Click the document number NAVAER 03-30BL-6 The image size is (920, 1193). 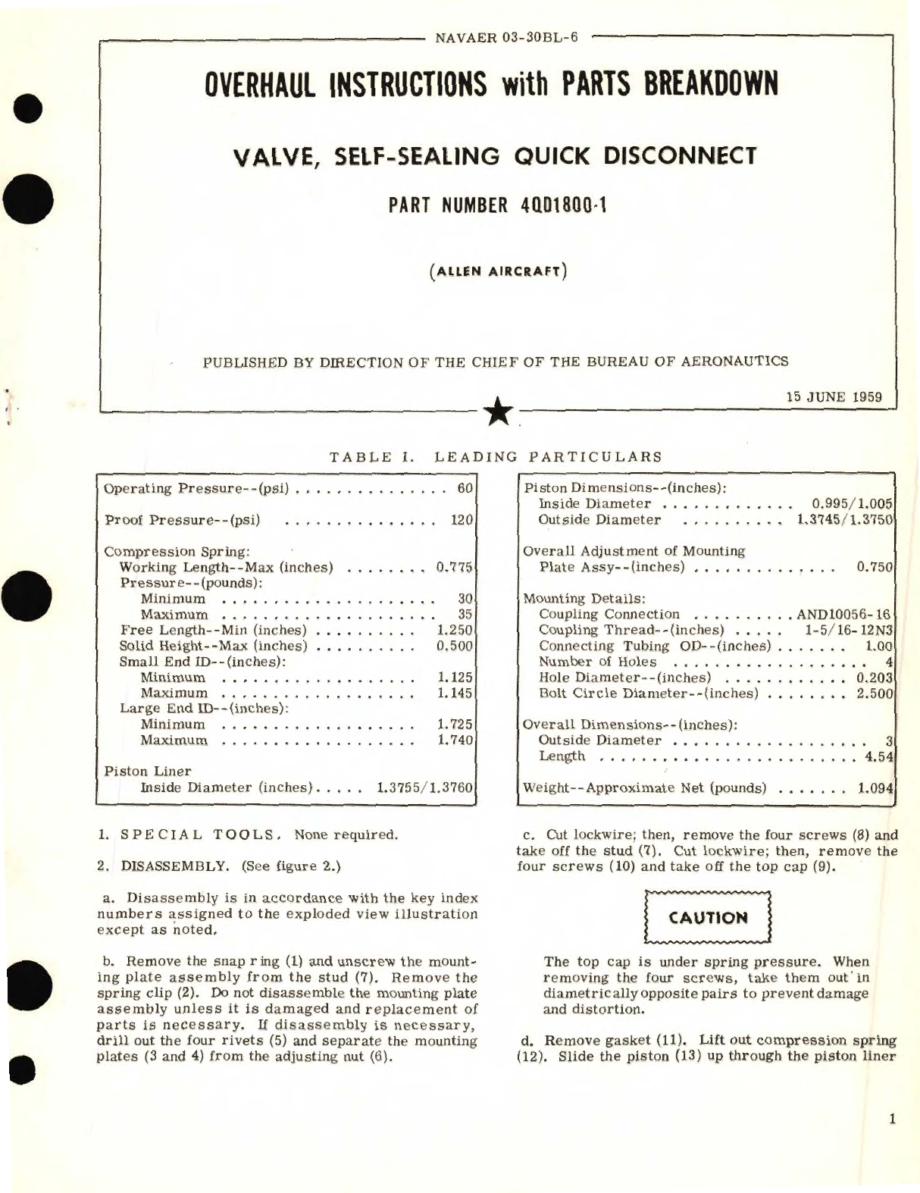507,37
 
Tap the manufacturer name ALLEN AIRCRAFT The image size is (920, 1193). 497,271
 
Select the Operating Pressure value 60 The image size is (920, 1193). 465,488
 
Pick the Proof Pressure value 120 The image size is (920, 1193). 461,520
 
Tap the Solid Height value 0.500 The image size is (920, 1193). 455,646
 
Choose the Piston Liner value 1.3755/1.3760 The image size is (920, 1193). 424,787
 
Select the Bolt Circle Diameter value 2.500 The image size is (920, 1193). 875,693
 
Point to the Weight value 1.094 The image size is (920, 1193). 876,788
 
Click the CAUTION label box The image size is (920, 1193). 707,918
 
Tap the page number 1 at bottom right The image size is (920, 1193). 893,1119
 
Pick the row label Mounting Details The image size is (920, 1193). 584,598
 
